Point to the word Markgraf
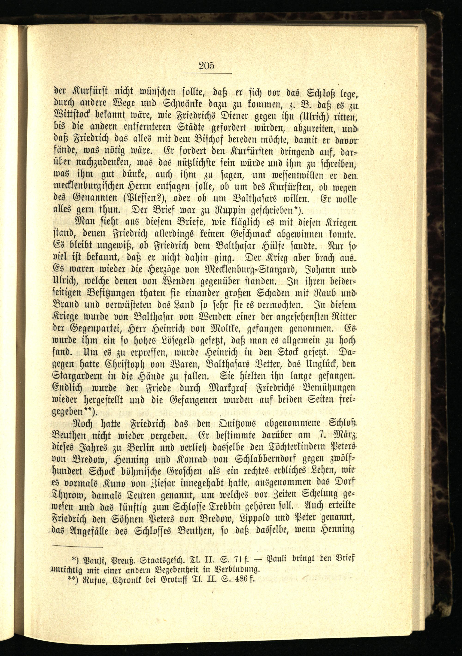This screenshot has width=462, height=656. [x=230, y=388]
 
